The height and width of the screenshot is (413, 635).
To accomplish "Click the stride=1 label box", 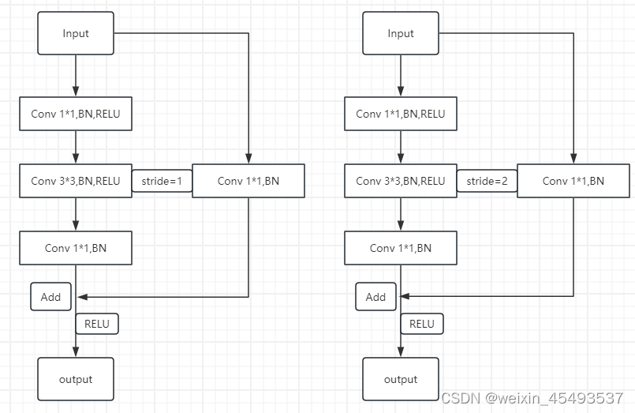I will pos(162,181).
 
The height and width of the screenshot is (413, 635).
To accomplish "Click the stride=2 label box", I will pos(487,181).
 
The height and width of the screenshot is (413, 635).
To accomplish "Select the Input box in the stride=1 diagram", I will pos(76,33).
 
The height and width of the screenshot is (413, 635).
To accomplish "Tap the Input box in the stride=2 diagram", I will pos(401,33).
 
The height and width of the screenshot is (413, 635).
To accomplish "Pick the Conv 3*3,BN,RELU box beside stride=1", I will pos(76,181).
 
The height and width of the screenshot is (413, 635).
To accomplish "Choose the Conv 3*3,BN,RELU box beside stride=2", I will pos(401,181).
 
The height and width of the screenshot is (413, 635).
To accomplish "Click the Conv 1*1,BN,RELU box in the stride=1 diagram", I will pos(76,114).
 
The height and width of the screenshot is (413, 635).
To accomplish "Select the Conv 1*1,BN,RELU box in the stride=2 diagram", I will pos(401,114).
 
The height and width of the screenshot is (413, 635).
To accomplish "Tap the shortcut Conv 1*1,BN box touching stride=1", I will pos(248,181).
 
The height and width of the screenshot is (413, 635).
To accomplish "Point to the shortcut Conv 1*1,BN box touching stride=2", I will pos(573,181).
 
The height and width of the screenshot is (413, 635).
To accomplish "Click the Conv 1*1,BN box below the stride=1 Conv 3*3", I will pos(76,248).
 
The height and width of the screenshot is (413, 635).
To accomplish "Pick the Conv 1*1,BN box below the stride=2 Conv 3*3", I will pos(401,248).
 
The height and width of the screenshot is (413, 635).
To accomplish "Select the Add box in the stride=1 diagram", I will pos(50,297).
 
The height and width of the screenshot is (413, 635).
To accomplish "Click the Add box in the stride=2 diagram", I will pos(375,297).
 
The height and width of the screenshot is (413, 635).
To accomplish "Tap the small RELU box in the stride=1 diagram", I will pos(96,323).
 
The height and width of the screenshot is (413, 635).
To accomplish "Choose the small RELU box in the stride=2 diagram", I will pos(421,323).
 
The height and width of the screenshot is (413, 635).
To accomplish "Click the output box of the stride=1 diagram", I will pos(76,379).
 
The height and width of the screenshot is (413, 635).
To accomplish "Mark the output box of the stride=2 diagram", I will pos(401,379).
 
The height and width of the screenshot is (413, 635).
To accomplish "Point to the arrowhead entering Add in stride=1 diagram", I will pos(81,297).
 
